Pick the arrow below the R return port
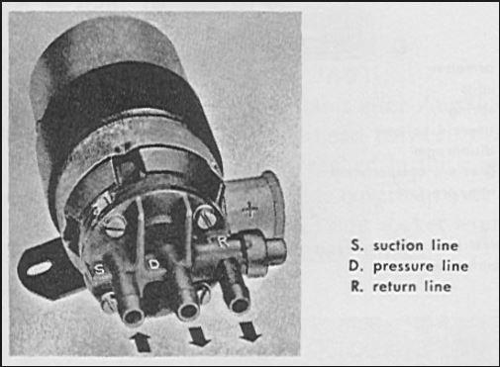click(249, 332)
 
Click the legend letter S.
click(353, 244)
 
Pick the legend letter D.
click(353, 266)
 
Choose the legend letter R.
click(353, 287)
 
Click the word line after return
click(437, 287)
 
